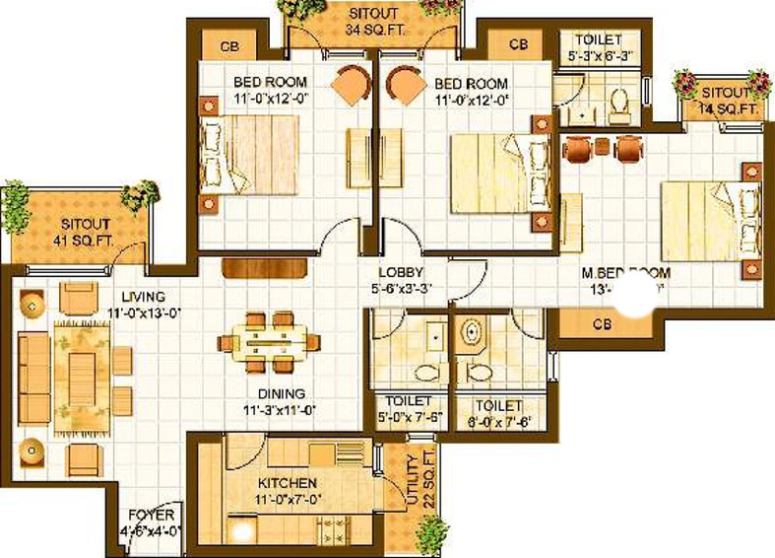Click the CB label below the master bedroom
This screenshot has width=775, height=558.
click(x=603, y=322)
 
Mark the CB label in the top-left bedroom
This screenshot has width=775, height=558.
click(x=228, y=45)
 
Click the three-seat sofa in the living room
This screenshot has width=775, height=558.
click(x=34, y=378)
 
